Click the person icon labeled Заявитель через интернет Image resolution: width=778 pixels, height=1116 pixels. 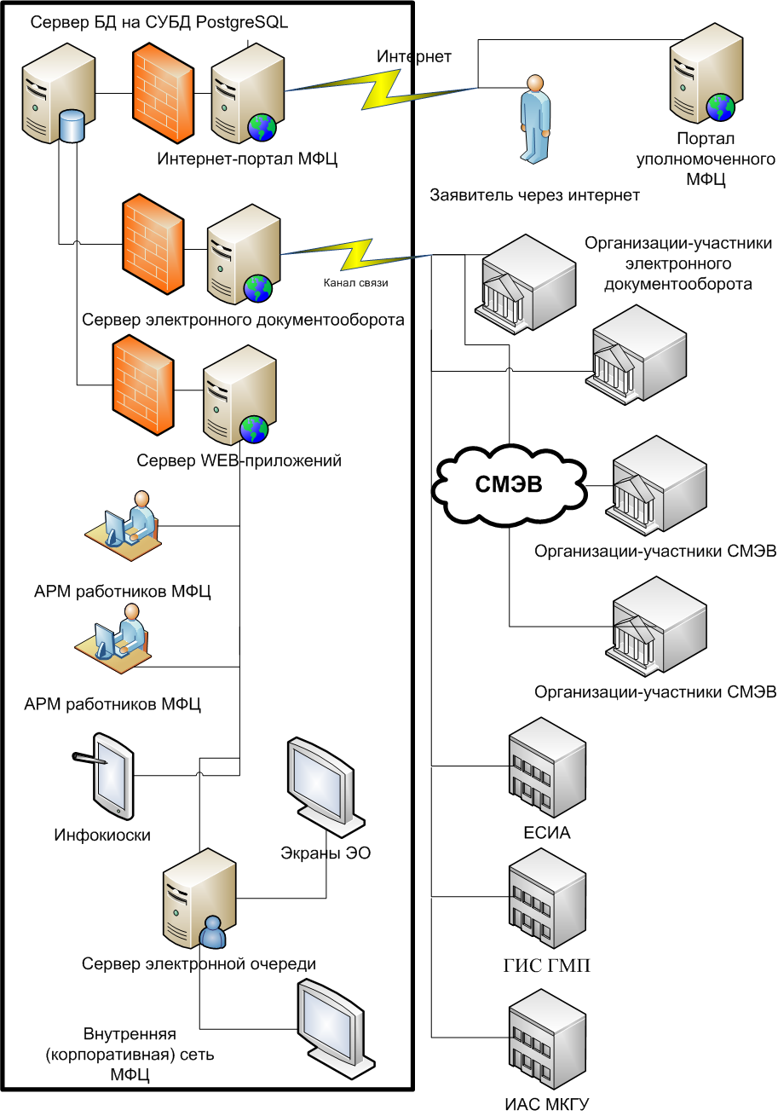pyautogui.click(x=533, y=119)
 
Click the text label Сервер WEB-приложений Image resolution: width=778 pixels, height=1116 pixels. pyautogui.click(x=239, y=461)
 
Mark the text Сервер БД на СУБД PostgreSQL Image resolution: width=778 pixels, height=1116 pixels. pyautogui.click(x=159, y=23)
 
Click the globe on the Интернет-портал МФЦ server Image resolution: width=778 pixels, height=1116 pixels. pyautogui.click(x=262, y=127)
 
